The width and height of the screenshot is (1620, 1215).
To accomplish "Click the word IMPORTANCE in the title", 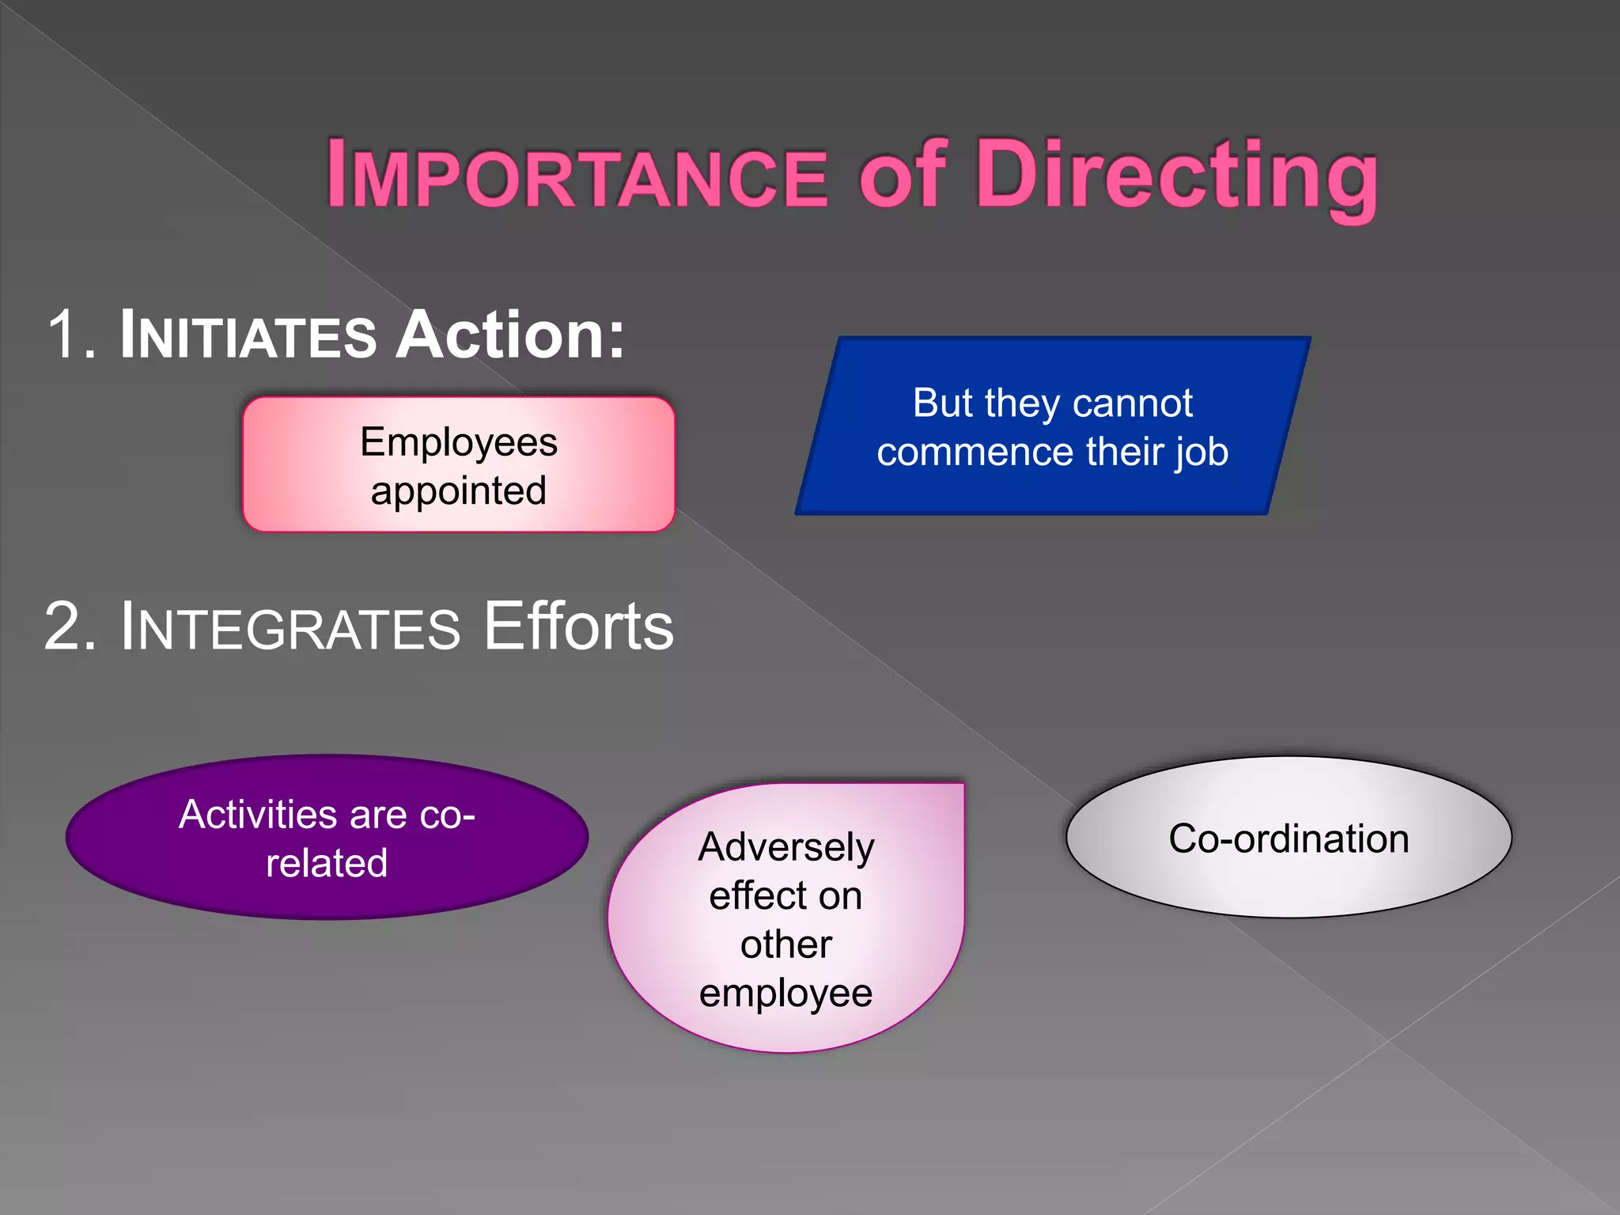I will tap(577, 176).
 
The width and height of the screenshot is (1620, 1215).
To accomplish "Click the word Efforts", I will tap(578, 626).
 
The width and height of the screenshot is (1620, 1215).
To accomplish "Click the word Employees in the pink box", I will tap(459, 441).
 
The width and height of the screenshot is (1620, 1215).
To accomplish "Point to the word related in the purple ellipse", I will tap(327, 863).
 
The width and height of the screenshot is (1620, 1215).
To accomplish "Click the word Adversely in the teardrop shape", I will tap(786, 848).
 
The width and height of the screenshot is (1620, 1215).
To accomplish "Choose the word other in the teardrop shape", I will tap(785, 944).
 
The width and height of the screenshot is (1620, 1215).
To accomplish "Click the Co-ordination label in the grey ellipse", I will tap(1289, 838).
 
